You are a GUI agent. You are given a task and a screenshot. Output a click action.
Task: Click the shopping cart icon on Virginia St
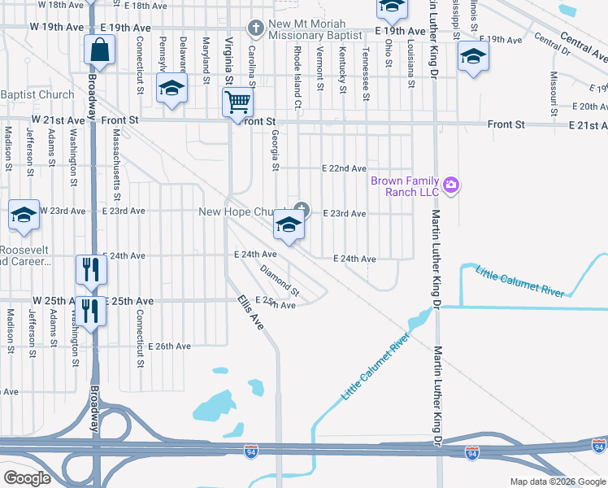(x=237, y=102)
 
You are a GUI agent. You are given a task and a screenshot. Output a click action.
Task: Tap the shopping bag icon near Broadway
(x=99, y=50)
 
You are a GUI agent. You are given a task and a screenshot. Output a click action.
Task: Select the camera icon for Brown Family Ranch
(x=451, y=186)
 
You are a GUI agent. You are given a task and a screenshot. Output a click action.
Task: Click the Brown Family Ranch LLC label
(x=405, y=186)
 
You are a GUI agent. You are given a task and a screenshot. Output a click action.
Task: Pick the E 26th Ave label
(x=168, y=346)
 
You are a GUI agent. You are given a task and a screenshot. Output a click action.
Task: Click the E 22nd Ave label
(x=344, y=168)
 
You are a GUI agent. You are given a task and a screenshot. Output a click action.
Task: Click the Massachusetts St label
(x=117, y=163)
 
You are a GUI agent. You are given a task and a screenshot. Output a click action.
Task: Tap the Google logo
(x=28, y=478)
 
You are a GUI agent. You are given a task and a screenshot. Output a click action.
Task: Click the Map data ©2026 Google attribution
(x=557, y=481)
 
